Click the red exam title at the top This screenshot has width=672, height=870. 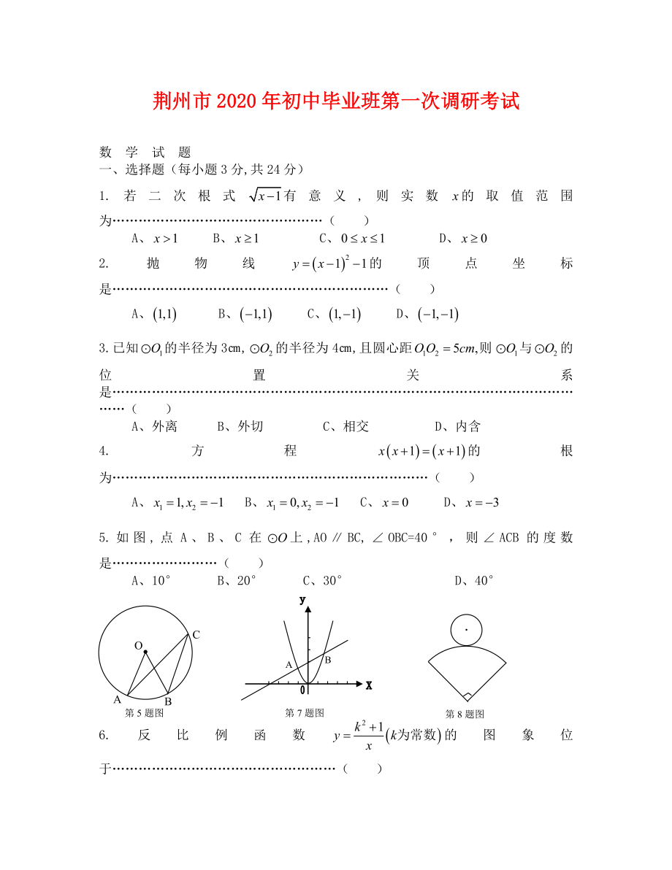[x=336, y=101]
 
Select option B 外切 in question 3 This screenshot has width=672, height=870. [x=240, y=426]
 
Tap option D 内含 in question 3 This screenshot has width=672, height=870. [x=457, y=426]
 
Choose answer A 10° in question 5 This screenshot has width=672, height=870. [x=151, y=580]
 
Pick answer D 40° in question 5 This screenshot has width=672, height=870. [x=474, y=580]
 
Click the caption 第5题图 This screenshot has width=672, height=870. [x=145, y=713]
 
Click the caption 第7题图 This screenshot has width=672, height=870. [x=305, y=713]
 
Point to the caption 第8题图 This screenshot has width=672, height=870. [x=465, y=714]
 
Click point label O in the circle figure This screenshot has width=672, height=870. [x=137, y=645]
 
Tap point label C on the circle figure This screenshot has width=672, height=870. [x=196, y=634]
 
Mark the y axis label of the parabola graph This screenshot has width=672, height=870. [x=302, y=599]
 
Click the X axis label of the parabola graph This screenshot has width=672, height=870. [x=369, y=685]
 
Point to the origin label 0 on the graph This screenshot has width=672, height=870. [x=302, y=690]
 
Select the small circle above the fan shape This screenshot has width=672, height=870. [x=466, y=628]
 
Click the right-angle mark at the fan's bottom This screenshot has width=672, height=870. [x=467, y=696]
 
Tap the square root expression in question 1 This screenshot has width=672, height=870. [x=264, y=195]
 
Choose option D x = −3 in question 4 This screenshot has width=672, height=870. [x=471, y=502]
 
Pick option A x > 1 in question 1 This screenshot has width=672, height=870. [x=155, y=238]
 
